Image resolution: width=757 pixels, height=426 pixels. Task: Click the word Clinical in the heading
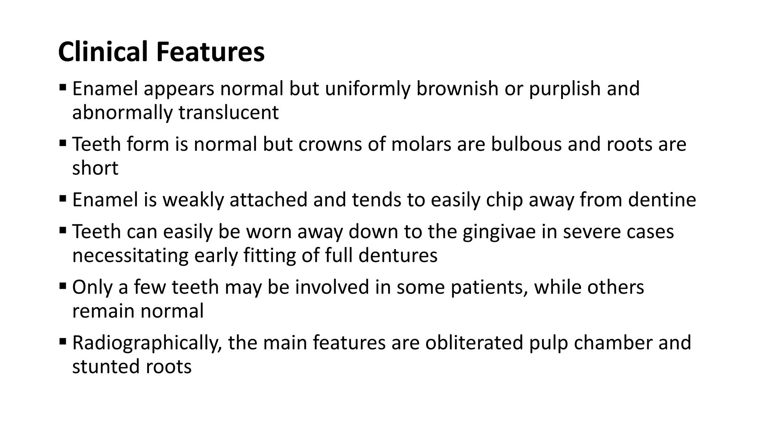click(104, 52)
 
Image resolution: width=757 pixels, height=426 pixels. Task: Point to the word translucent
click(228, 112)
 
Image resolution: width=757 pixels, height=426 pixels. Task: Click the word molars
click(421, 144)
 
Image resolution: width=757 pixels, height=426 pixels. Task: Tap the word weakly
click(193, 200)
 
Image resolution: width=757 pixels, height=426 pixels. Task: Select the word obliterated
click(474, 343)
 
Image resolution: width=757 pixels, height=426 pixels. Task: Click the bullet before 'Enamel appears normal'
click(62, 88)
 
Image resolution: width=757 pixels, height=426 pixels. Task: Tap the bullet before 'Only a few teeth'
click(62, 286)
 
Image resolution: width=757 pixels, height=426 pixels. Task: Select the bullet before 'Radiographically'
click(62, 342)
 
